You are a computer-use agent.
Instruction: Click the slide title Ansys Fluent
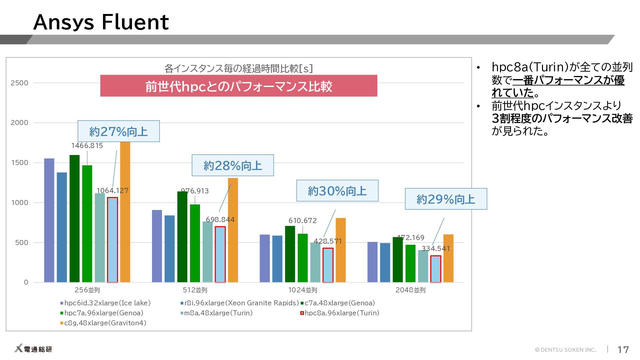click(x=101, y=22)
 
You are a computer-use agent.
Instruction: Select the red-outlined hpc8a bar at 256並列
click(x=112, y=240)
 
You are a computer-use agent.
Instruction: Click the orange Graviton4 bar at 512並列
click(x=233, y=230)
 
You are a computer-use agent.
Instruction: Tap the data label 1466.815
click(x=87, y=146)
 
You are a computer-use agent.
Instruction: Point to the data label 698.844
click(x=220, y=220)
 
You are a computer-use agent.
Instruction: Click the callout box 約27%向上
click(x=119, y=131)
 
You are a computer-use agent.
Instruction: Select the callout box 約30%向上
click(x=337, y=191)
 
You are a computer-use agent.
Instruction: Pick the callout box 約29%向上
click(x=446, y=199)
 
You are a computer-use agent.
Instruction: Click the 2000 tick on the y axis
click(x=19, y=123)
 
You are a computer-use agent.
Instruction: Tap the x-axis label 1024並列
click(x=303, y=290)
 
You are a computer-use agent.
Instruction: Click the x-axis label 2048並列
click(x=410, y=290)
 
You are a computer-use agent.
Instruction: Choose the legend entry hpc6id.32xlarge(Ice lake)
click(x=105, y=303)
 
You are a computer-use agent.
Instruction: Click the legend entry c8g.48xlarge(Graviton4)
click(x=103, y=323)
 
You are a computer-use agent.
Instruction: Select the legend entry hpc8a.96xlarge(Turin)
click(x=340, y=313)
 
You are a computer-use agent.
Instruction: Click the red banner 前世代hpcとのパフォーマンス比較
click(x=239, y=86)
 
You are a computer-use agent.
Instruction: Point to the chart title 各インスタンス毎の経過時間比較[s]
click(x=239, y=69)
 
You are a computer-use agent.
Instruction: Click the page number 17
click(x=623, y=349)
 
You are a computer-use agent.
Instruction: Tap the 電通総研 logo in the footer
click(x=33, y=349)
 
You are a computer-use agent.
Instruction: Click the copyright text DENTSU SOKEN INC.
click(x=566, y=350)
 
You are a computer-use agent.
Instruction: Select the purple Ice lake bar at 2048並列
click(x=372, y=262)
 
